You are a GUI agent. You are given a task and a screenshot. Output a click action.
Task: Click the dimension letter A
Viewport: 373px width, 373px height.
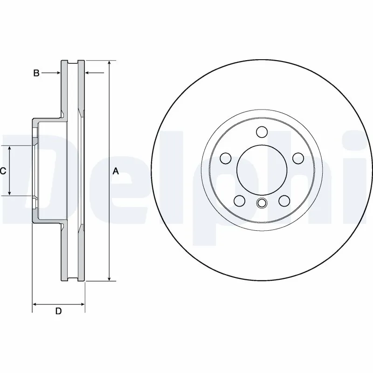pos(116,172)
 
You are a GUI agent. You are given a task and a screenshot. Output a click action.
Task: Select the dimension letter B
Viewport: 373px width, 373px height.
pos(35,73)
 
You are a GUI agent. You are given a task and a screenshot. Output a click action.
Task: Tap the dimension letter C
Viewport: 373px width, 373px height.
pos(3,171)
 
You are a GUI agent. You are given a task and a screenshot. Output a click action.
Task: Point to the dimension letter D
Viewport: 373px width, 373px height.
pos(58,311)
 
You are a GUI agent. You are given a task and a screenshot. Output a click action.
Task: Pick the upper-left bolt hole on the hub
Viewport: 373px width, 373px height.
pos(226,159)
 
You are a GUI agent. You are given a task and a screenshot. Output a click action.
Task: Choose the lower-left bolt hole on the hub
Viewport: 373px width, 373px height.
pos(239,201)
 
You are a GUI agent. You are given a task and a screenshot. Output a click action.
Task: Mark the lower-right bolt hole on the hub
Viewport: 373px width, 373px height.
pos(283,201)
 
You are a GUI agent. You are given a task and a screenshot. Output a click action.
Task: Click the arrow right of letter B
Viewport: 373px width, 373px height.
pos(58,73)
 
